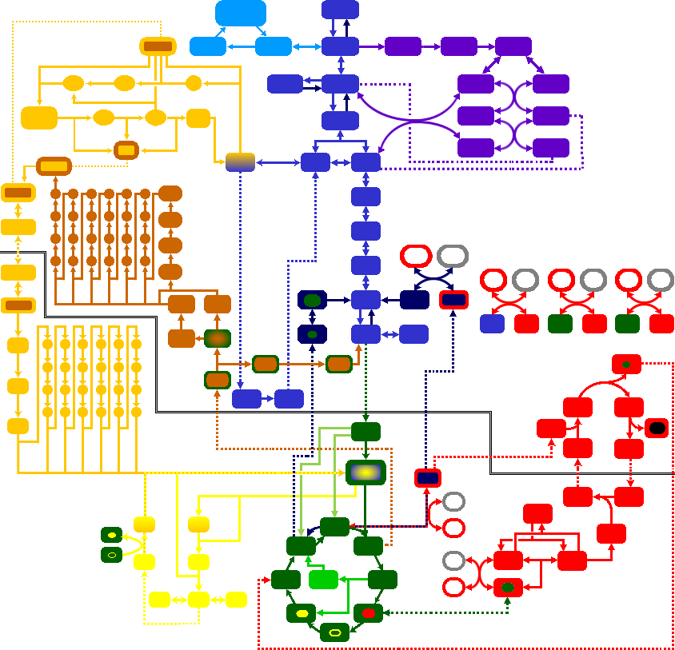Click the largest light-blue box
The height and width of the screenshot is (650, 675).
[241, 13]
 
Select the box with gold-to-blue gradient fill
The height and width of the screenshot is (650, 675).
[240, 162]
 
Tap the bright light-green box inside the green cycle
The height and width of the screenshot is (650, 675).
[323, 580]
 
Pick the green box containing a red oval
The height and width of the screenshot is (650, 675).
[368, 613]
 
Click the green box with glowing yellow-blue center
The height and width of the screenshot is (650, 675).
[365, 473]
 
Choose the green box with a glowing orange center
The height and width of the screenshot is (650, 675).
[217, 338]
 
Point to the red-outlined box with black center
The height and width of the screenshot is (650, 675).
[656, 428]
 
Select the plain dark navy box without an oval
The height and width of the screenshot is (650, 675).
[414, 300]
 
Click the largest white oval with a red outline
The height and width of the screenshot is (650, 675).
[416, 256]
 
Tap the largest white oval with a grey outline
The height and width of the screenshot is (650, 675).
[453, 256]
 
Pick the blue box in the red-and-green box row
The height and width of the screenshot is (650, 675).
[492, 324]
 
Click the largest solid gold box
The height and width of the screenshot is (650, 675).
[39, 118]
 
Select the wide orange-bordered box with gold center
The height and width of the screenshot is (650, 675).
[54, 166]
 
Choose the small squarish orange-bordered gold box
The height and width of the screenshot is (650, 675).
[126, 150]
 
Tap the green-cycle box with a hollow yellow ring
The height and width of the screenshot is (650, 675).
[334, 632]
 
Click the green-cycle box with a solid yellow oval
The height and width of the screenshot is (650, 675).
[301, 613]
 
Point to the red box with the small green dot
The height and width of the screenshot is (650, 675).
[626, 364]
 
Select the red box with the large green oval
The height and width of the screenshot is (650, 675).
[508, 588]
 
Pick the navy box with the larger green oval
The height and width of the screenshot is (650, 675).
[312, 300]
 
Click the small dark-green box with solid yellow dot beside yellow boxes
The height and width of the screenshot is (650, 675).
[112, 534]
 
